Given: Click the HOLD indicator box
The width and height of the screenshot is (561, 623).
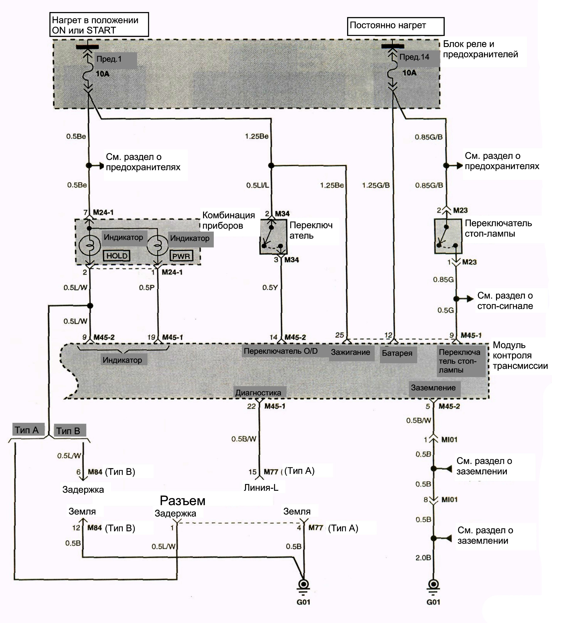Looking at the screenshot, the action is (117, 256).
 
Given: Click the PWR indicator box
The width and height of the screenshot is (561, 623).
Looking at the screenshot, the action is (181, 256).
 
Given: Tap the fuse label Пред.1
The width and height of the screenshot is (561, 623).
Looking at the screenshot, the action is (109, 59).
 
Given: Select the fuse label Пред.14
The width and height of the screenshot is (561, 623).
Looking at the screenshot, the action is (414, 57).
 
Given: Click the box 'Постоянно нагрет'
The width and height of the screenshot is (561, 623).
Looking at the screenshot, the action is (396, 26).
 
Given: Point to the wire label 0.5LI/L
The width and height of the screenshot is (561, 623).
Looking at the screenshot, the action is (258, 185).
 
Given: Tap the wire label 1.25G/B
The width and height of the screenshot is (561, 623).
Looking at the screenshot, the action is (376, 185).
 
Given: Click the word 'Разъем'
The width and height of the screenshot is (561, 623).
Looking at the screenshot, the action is (183, 501).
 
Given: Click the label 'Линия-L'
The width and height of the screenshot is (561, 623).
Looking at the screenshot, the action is (261, 487).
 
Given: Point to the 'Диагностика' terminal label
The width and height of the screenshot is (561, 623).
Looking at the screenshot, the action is (258, 393).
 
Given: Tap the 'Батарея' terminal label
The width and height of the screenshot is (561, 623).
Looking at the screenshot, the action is (397, 353).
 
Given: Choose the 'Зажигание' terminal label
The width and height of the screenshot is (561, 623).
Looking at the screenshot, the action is (350, 352).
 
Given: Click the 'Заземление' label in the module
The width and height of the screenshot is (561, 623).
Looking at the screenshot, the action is (433, 388).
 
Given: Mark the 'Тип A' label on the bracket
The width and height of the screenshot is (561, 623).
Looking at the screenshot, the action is (27, 430).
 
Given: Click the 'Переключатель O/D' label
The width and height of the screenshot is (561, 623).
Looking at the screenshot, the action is (280, 351).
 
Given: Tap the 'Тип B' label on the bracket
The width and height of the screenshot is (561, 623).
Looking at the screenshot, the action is (68, 431).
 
